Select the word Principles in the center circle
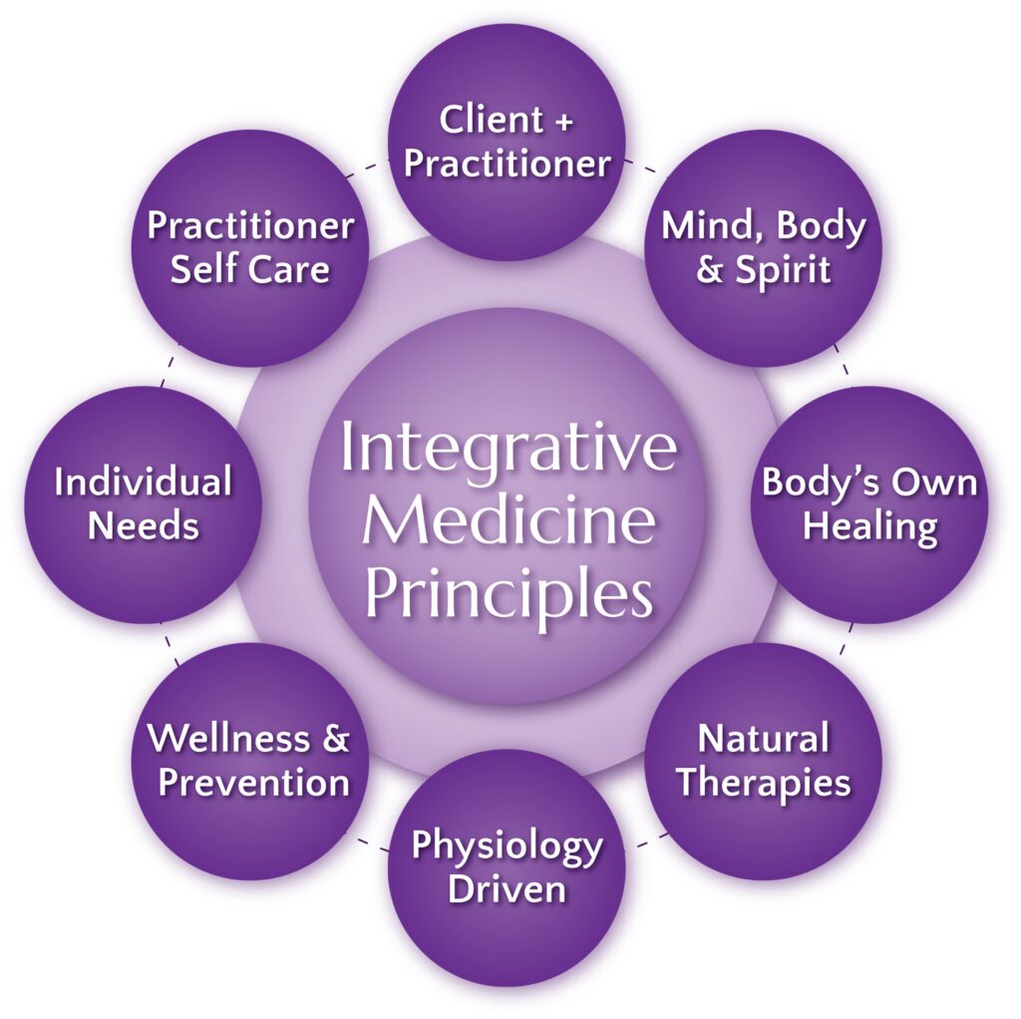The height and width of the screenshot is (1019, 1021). (x=509, y=595)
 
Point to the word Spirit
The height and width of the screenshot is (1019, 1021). (x=783, y=269)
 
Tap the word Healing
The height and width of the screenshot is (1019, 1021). (x=869, y=526)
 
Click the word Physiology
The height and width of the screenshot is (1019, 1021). (x=508, y=848)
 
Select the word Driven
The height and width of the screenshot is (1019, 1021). (x=508, y=889)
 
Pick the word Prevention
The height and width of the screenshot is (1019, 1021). (x=254, y=782)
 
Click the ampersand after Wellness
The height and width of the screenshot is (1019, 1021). (x=335, y=739)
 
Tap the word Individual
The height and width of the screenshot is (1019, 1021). (x=144, y=483)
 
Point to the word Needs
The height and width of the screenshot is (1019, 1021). (x=144, y=525)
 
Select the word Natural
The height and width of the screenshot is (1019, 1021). (x=764, y=740)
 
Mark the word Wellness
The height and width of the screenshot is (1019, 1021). (x=229, y=739)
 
